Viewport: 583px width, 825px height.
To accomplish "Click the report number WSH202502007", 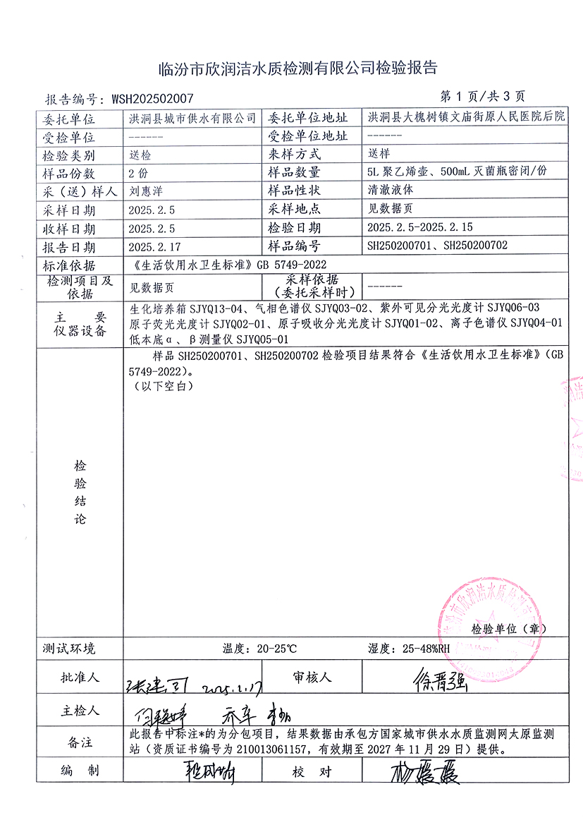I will click(148, 99).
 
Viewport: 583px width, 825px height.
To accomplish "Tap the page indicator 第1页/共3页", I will click(481, 97).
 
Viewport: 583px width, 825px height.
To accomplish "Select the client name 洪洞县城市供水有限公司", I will click(192, 118).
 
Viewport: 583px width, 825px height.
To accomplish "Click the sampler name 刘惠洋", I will click(147, 191).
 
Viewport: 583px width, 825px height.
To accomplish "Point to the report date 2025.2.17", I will click(152, 246).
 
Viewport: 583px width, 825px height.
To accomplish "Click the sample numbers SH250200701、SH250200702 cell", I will click(438, 246).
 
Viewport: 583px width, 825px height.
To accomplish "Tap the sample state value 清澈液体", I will click(387, 191).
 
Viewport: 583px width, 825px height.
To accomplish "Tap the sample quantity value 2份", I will click(138, 172).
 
